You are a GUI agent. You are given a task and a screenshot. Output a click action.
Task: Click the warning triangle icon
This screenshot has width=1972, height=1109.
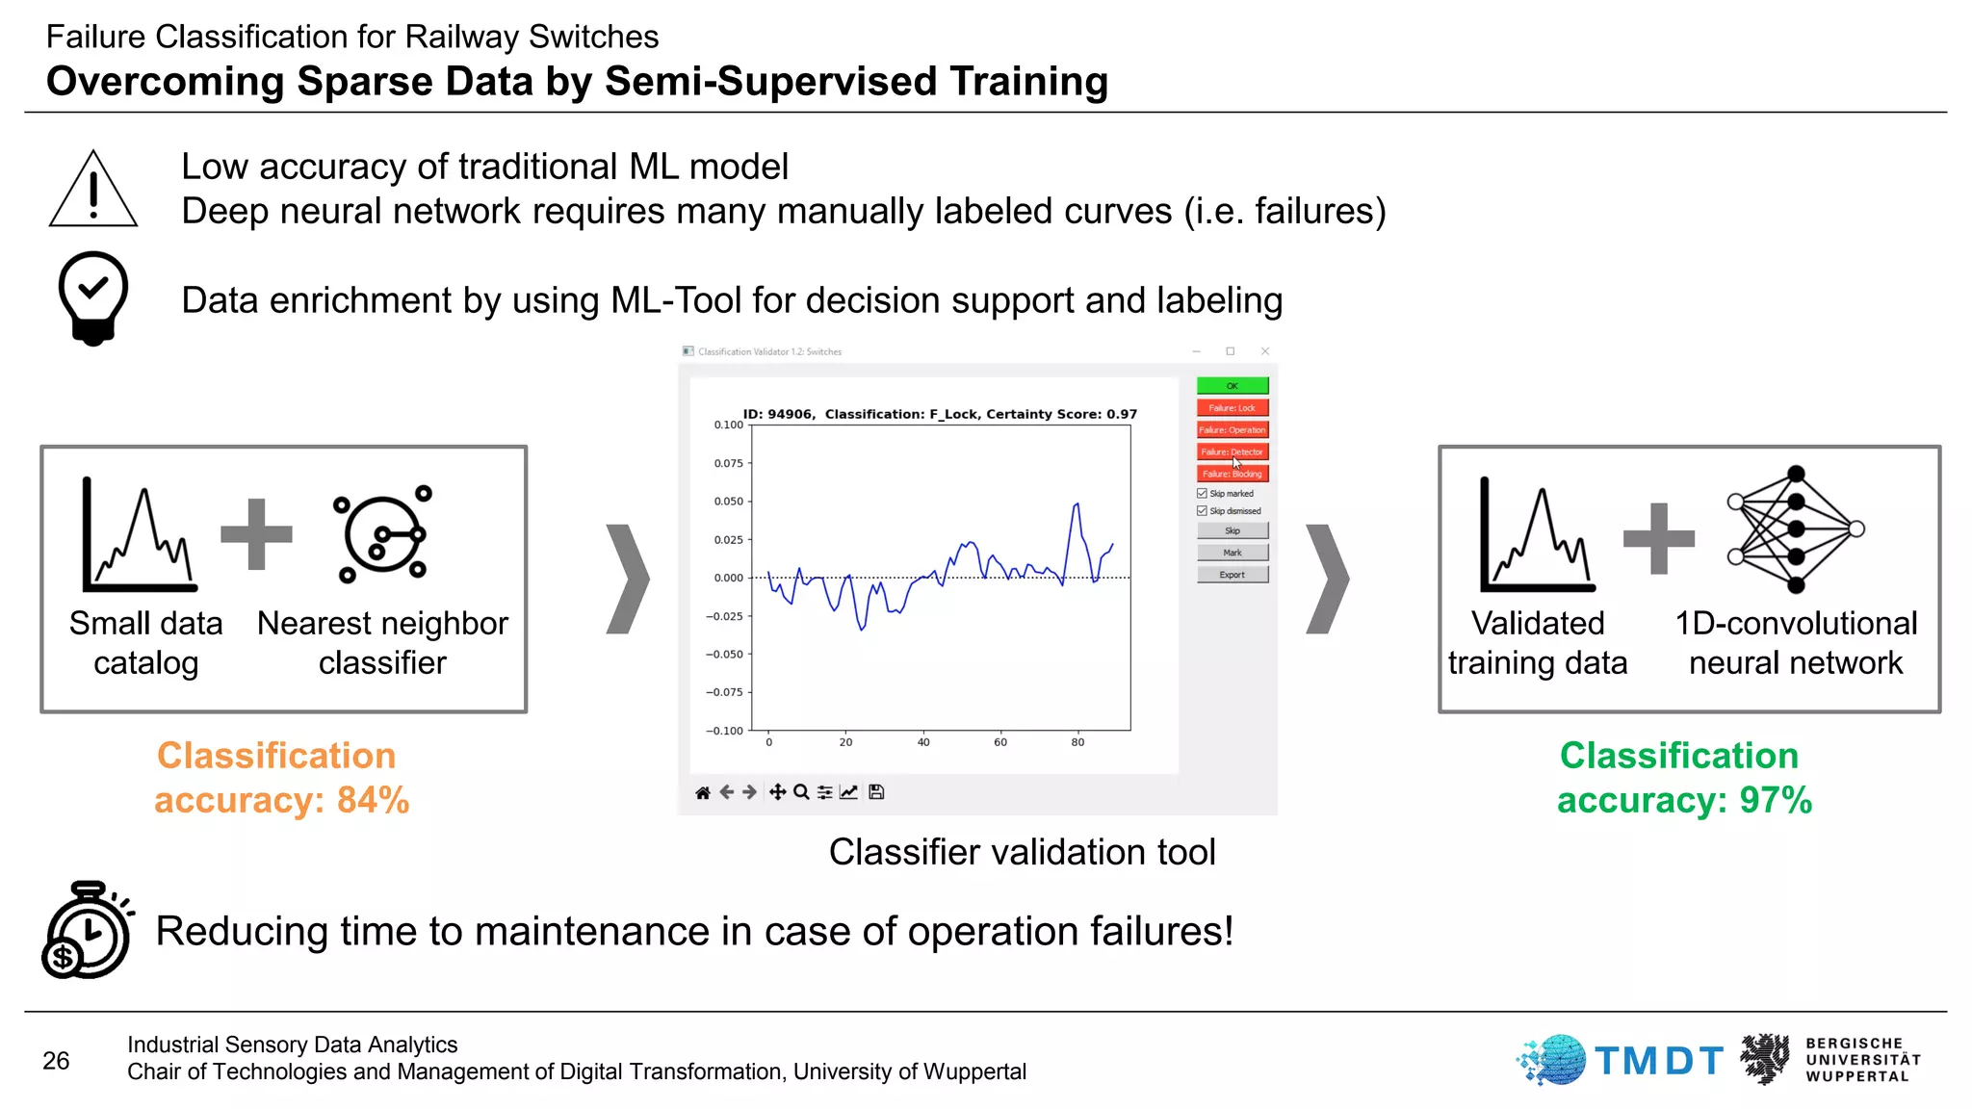pos(93,190)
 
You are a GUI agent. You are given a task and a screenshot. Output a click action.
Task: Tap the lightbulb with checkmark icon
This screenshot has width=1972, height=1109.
pos(93,297)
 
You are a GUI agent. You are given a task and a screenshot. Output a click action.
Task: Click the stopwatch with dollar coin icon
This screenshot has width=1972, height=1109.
pos(87,930)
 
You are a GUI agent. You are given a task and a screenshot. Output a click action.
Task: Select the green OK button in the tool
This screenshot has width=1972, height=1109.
pos(1232,386)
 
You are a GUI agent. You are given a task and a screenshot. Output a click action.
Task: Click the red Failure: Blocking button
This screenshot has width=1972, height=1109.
pos(1232,474)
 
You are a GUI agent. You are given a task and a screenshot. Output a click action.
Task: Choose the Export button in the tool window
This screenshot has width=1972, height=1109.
pos(1232,575)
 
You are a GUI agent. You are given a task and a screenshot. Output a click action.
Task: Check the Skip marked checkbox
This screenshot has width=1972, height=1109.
pos(1202,493)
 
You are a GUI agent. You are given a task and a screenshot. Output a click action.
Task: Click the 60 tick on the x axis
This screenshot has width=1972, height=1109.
pos(1000,742)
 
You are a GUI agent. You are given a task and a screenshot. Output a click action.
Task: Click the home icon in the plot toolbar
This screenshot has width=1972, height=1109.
pos(703,792)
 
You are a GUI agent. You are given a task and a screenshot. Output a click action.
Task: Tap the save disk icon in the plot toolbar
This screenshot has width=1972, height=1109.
pos(876,792)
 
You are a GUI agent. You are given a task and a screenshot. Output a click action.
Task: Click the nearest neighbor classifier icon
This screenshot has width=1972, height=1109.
pos(383,533)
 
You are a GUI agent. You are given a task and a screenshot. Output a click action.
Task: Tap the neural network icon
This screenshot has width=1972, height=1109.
pos(1795,529)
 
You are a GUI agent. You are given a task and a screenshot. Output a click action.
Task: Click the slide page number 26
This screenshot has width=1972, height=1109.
pos(56,1061)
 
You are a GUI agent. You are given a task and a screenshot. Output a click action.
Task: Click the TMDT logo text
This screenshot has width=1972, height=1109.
pos(1658,1061)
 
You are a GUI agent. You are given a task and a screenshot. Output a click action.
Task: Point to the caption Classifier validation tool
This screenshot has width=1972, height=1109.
pos(1022,852)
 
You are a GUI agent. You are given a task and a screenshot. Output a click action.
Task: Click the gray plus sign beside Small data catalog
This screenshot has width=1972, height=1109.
pos(256,534)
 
